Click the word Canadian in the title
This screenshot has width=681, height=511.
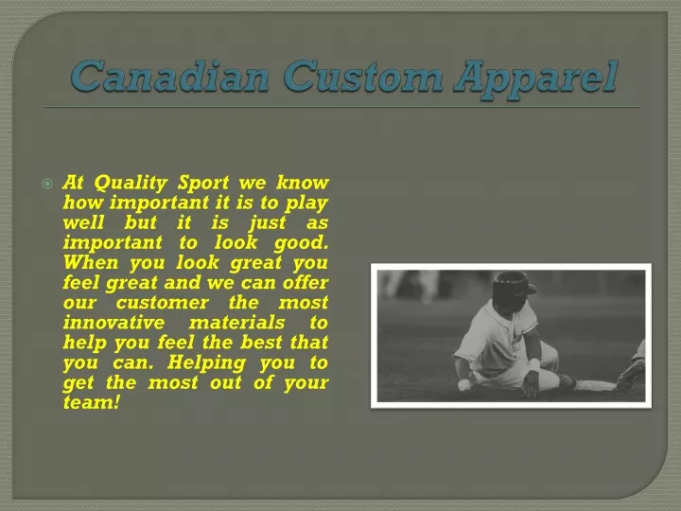tap(170, 77)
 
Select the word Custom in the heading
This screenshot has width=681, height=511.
tap(363, 77)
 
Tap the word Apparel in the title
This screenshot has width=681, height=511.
tap(535, 79)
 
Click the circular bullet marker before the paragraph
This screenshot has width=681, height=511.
tap(47, 184)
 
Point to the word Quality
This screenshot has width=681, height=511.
tap(131, 184)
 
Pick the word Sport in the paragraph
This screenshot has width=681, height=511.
tap(203, 184)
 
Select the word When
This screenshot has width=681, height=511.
tap(91, 262)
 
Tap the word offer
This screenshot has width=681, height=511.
tap(306, 282)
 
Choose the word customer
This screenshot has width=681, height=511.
tap(162, 303)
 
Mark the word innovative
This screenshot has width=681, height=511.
tap(113, 323)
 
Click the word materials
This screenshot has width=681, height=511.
tap(236, 323)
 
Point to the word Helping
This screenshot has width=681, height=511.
tap(207, 363)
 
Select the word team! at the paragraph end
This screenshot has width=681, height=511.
tap(91, 403)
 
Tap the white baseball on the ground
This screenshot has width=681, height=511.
tap(463, 385)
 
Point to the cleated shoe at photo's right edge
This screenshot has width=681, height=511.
tap(631, 375)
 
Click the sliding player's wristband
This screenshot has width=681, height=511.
tap(534, 364)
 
